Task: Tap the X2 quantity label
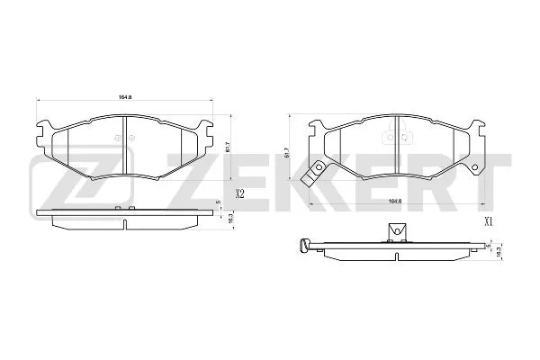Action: (x=240, y=193)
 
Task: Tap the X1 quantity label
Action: (x=490, y=220)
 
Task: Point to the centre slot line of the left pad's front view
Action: (x=123, y=148)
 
